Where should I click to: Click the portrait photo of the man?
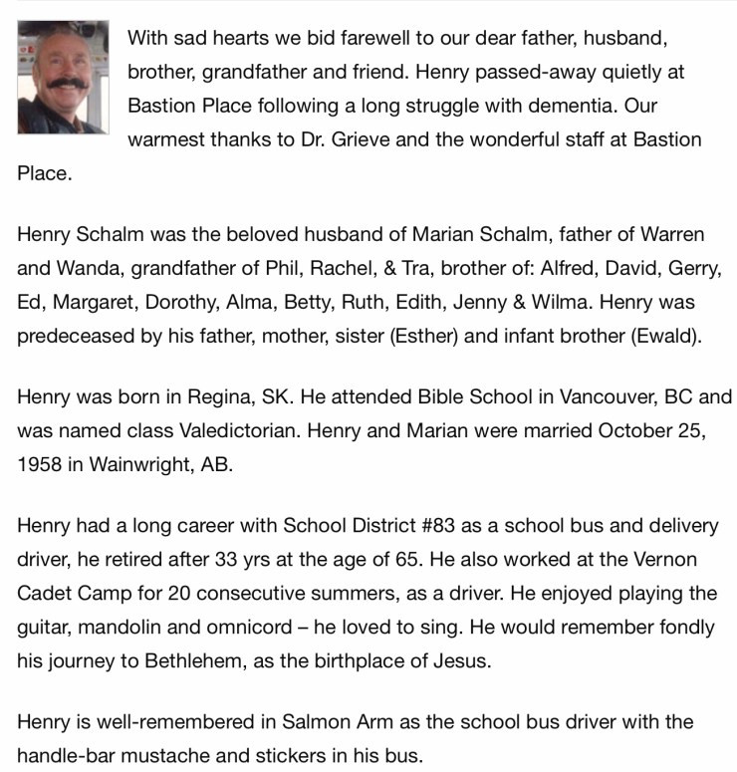coord(63,78)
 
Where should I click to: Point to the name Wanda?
coord(88,268)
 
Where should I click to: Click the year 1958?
coord(39,464)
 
